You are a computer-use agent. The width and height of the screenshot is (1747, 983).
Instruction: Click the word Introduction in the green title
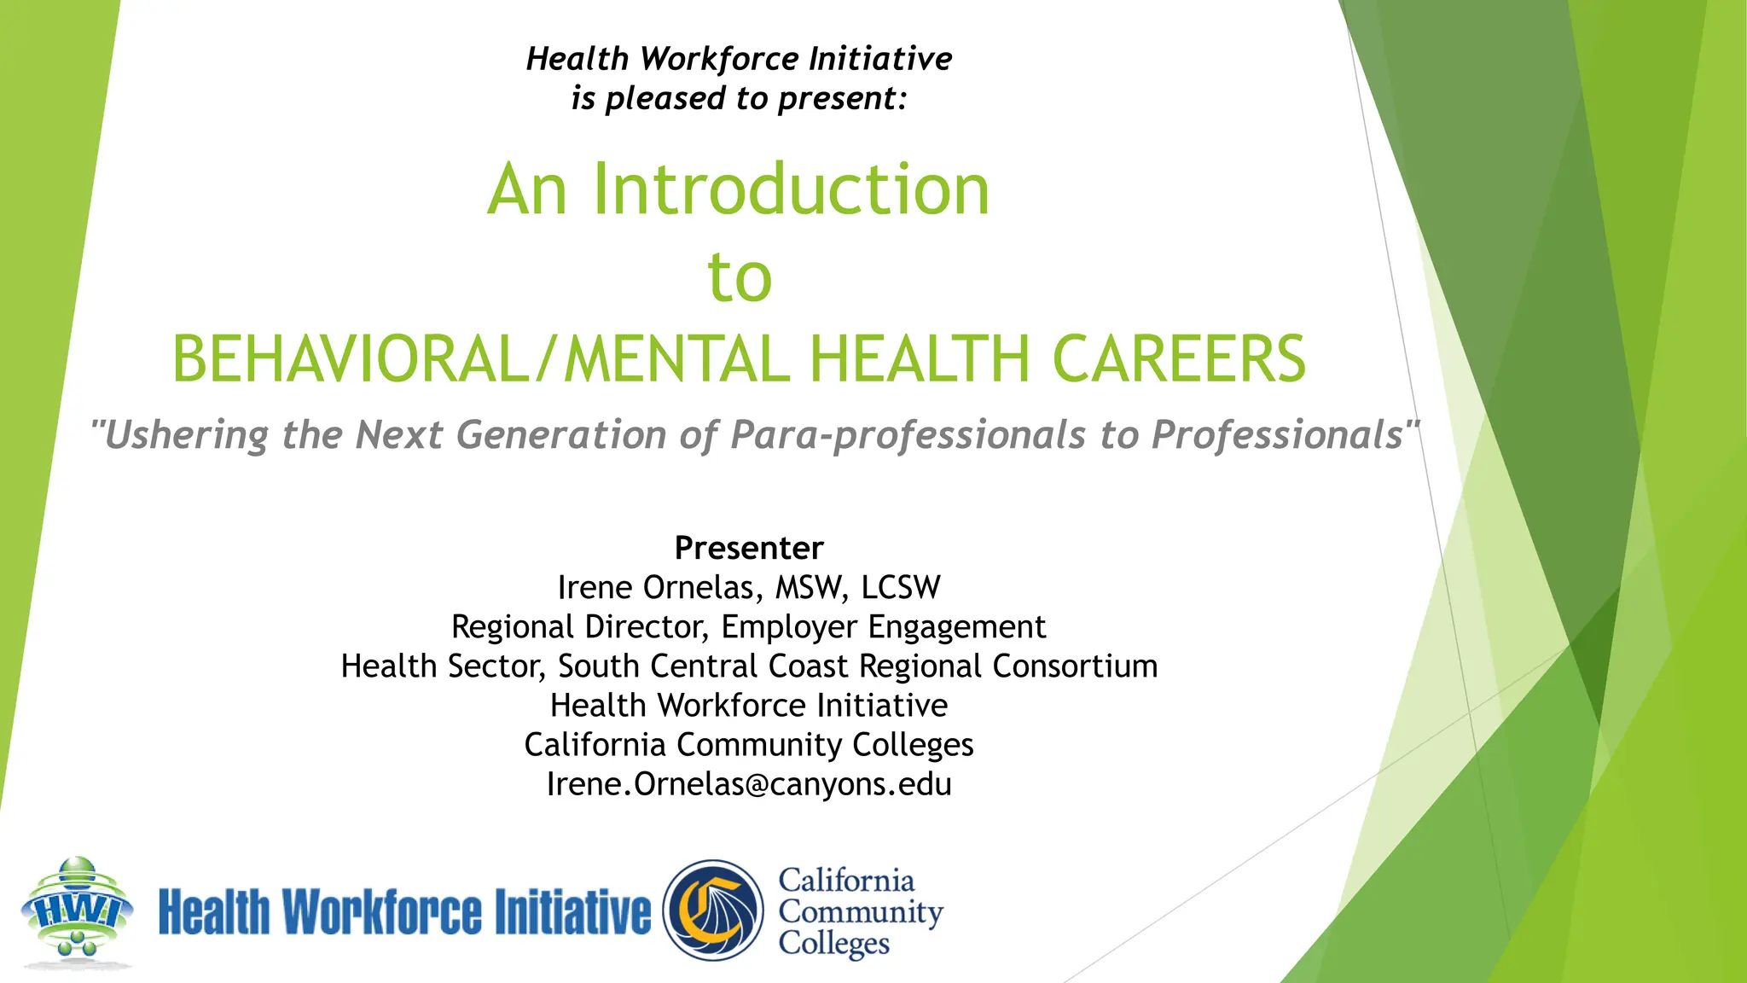pyautogui.click(x=791, y=189)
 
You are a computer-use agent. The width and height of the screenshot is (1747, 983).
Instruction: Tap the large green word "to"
pyautogui.click(x=740, y=277)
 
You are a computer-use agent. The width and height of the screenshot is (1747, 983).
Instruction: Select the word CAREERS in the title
pyautogui.click(x=1178, y=358)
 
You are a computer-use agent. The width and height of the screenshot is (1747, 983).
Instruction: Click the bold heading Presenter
pyautogui.click(x=749, y=548)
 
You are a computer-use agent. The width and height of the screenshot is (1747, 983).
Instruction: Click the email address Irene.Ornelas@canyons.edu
pyautogui.click(x=749, y=784)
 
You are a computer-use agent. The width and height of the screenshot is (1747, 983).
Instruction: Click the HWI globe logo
pyautogui.click(x=77, y=911)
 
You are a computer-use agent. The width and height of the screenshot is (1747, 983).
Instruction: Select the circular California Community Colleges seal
pyautogui.click(x=714, y=910)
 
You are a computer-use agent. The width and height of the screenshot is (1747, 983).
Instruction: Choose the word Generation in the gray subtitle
pyautogui.click(x=561, y=435)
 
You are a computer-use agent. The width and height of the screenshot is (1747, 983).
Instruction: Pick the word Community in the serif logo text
pyautogui.click(x=860, y=912)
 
